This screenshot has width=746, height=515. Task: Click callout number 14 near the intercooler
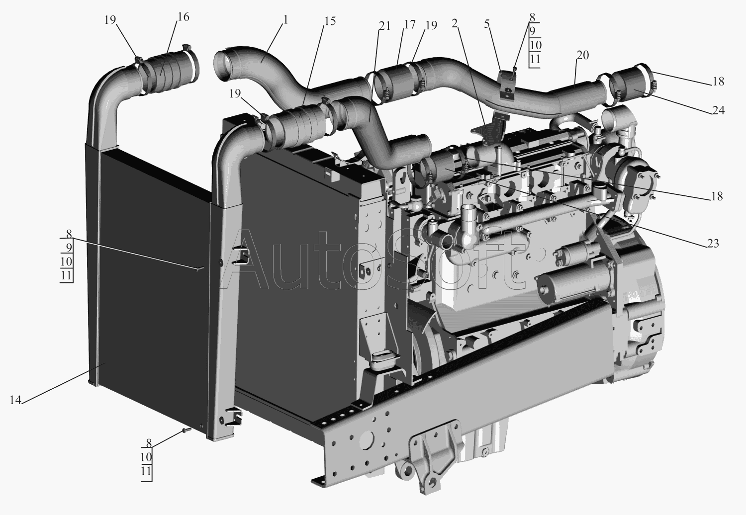(15, 400)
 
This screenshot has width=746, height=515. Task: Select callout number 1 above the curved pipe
(285, 20)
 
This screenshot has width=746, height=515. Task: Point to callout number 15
(329, 21)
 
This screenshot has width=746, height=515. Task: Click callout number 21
(384, 26)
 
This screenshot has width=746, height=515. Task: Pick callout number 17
(410, 24)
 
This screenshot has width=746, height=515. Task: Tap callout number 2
(455, 23)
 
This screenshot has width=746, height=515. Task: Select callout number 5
(487, 24)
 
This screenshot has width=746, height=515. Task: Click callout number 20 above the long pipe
(582, 55)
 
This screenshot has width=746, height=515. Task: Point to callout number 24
(718, 110)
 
